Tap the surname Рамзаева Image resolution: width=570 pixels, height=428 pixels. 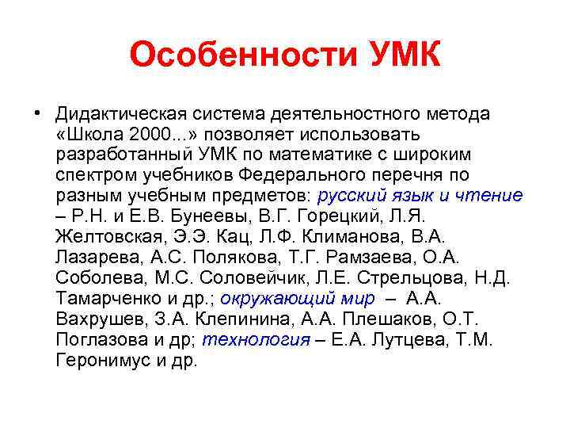(x=347, y=258)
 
